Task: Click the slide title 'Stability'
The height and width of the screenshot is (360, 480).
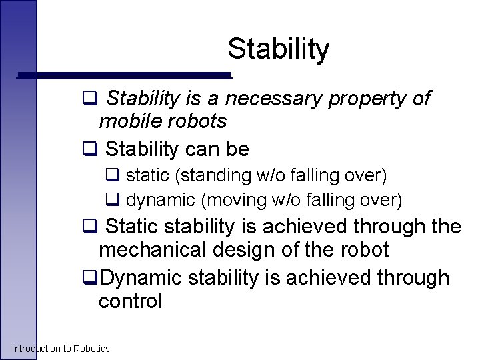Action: (x=278, y=49)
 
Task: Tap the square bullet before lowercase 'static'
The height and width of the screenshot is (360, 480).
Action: (x=112, y=177)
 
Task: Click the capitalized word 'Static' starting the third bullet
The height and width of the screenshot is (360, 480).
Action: (x=130, y=227)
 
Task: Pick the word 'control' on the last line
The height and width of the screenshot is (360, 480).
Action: (x=130, y=301)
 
